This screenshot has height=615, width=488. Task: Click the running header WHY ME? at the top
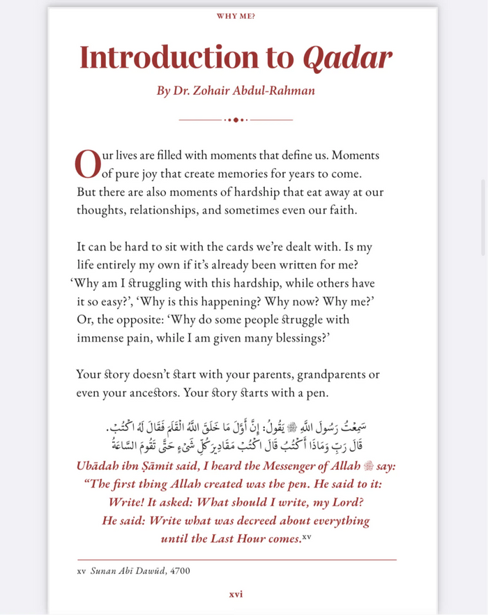point(235,16)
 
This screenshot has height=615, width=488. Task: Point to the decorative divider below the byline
point(236,120)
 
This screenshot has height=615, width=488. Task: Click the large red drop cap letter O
point(87,164)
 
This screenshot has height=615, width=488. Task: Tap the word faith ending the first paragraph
point(340,210)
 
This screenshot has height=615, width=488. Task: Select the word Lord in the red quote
point(346,502)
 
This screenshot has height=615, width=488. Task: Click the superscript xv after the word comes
point(307,537)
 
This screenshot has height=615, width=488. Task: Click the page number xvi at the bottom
point(236,594)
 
